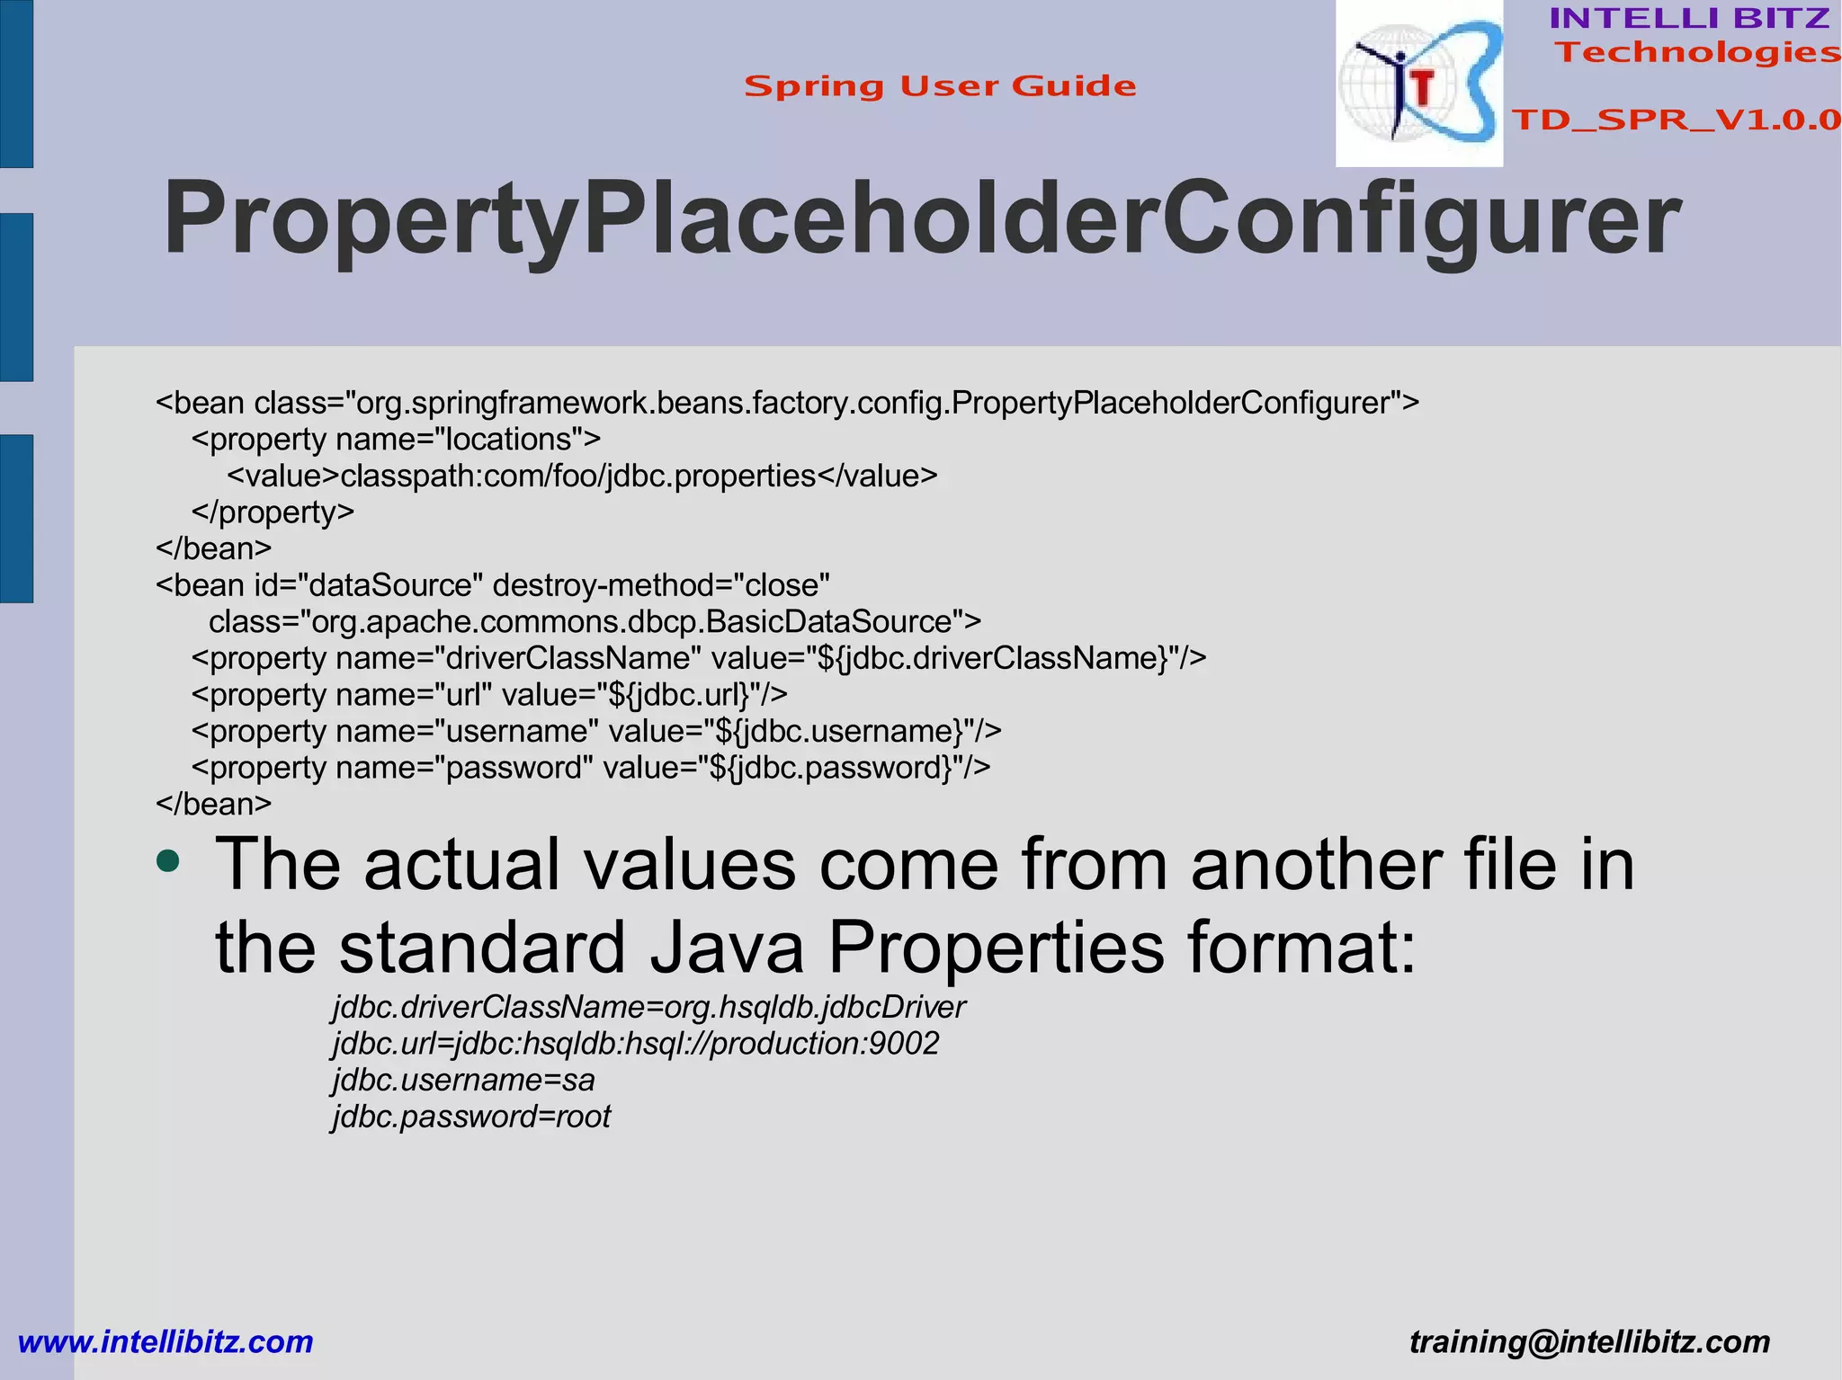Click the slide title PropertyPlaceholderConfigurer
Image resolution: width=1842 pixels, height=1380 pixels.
pos(921,218)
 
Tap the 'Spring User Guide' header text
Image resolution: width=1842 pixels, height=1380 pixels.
pos(940,86)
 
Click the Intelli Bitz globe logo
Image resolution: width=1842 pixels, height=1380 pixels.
pos(1418,84)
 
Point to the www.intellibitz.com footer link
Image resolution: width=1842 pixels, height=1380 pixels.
pos(165,1341)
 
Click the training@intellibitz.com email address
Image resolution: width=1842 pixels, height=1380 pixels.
pos(1589,1341)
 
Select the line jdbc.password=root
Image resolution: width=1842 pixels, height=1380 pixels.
pos(471,1117)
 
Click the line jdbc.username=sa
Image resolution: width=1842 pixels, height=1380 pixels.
pos(463,1080)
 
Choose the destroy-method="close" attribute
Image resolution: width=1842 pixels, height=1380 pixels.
pos(661,585)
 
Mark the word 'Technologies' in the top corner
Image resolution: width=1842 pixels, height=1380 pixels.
pos(1698,52)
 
